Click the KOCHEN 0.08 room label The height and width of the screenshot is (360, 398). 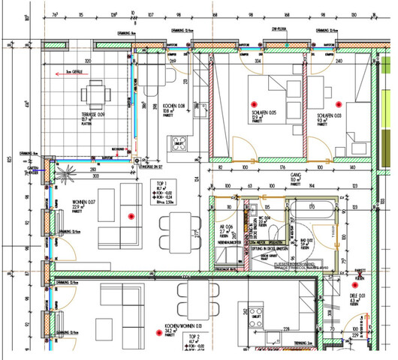click(x=175, y=106)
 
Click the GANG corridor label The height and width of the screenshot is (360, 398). click(x=294, y=178)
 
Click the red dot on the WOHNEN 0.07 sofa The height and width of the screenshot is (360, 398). click(x=131, y=217)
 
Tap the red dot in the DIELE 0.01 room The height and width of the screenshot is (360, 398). click(x=355, y=285)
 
